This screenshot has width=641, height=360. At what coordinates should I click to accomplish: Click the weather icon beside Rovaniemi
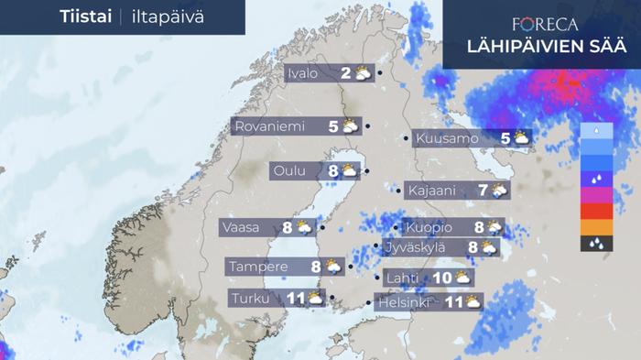(x=352, y=126)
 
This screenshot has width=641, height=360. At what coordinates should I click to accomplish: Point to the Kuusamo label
(x=447, y=139)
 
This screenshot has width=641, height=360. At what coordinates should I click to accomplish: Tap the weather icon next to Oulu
(x=350, y=170)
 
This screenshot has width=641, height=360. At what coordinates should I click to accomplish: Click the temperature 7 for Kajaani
(x=483, y=191)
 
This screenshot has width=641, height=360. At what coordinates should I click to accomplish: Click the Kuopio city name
(x=429, y=227)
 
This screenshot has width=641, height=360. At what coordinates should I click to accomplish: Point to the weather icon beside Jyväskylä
(x=490, y=247)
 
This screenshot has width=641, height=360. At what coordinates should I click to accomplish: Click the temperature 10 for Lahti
(x=440, y=278)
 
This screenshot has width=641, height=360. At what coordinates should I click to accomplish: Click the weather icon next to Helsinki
(x=473, y=301)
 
